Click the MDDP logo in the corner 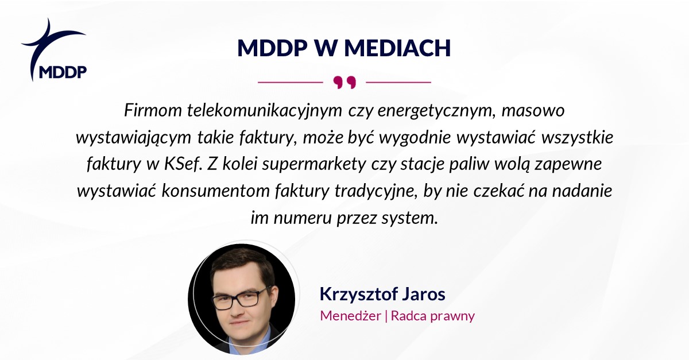pyautogui.click(x=54, y=50)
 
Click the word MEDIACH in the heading pyautogui.click(x=397, y=48)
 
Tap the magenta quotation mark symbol pyautogui.click(x=344, y=83)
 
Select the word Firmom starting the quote pyautogui.click(x=153, y=110)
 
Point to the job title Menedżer pyautogui.click(x=350, y=316)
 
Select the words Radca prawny pyautogui.click(x=433, y=316)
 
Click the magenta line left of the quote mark pyautogui.click(x=291, y=83)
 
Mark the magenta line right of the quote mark pyautogui.click(x=398, y=83)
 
